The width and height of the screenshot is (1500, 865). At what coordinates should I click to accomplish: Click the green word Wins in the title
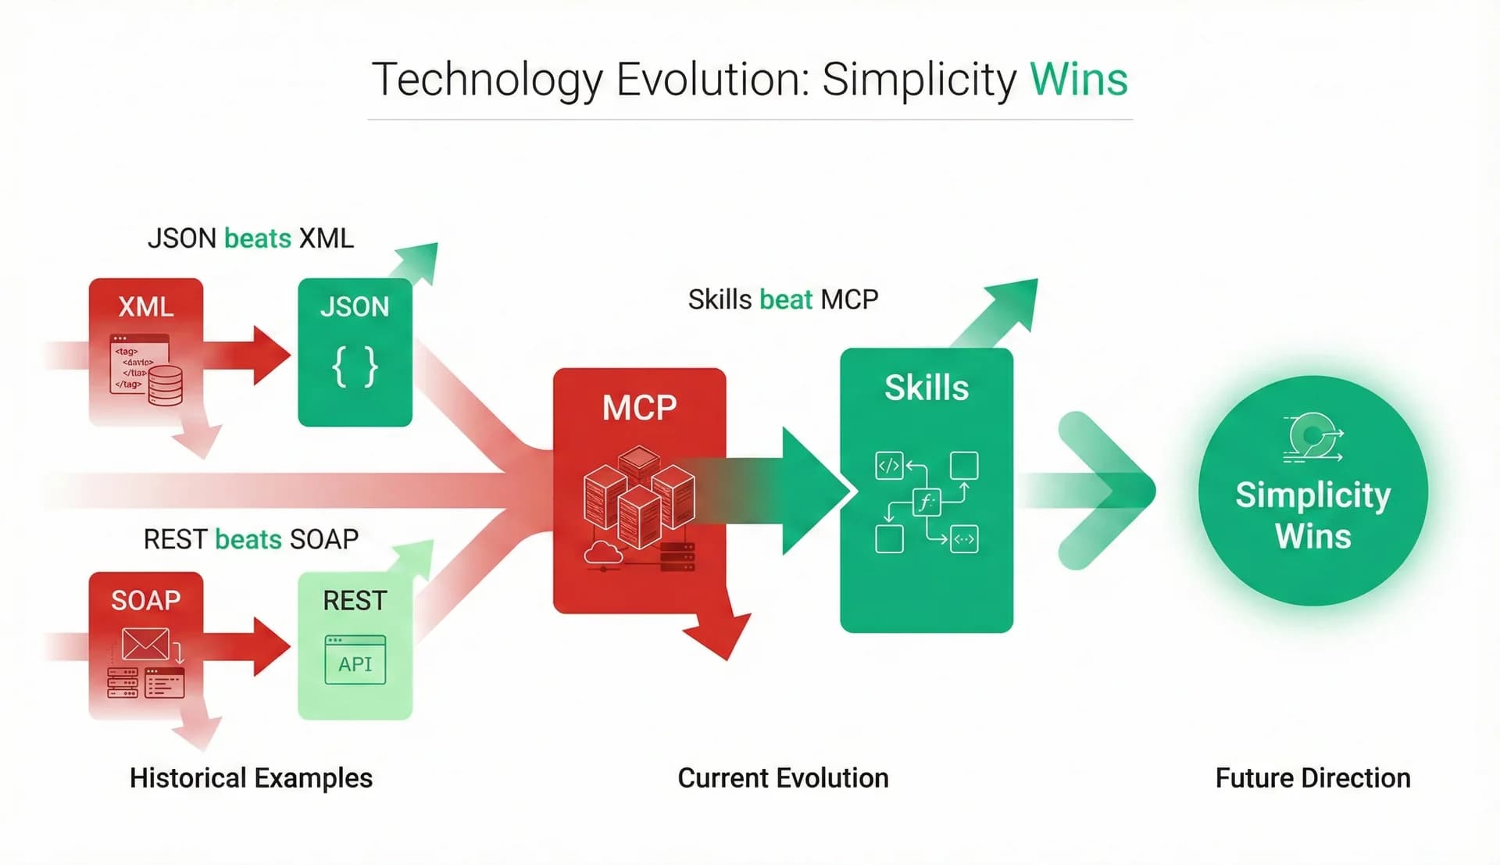click(x=1078, y=80)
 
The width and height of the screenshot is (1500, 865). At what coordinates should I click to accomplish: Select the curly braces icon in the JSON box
click(x=355, y=367)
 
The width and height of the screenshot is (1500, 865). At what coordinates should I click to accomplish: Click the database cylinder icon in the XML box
click(x=165, y=385)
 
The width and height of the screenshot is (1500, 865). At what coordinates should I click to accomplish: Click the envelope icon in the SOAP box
click(x=145, y=645)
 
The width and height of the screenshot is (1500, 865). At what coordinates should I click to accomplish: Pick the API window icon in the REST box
click(x=355, y=661)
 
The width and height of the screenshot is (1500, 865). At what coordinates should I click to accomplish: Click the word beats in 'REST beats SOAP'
click(x=248, y=539)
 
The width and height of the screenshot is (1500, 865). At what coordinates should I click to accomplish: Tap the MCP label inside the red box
click(x=639, y=408)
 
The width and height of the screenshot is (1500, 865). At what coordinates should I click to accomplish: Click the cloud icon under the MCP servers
click(x=603, y=552)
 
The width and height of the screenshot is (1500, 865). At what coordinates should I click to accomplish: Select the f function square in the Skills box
click(x=927, y=502)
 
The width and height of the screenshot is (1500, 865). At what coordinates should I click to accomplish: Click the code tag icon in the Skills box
click(x=889, y=466)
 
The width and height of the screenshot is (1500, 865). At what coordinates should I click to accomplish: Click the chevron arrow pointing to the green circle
click(x=1105, y=491)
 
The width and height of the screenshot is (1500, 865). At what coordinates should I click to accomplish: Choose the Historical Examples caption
click(x=251, y=778)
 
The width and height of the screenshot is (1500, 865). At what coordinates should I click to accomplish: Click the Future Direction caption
click(x=1312, y=778)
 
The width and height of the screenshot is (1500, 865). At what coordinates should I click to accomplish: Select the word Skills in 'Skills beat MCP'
click(x=720, y=300)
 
